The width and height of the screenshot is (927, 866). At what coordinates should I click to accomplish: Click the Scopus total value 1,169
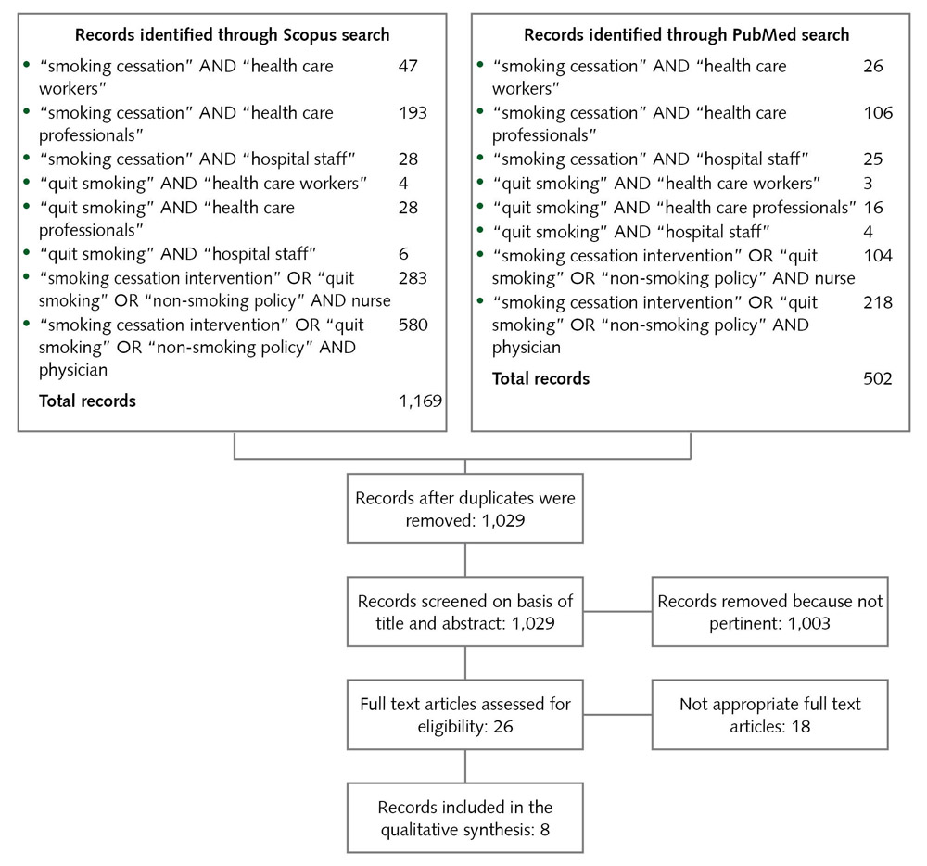pyautogui.click(x=419, y=401)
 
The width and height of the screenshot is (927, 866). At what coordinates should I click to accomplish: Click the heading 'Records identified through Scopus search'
pyautogui.click(x=232, y=35)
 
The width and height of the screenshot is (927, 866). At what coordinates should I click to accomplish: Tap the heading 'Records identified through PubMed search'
pyautogui.click(x=686, y=35)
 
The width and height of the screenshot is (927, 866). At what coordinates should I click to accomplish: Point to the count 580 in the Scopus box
pyautogui.click(x=412, y=325)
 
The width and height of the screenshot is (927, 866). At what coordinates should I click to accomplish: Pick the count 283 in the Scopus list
pyautogui.click(x=412, y=277)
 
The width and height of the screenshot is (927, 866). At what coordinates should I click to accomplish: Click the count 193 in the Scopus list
pyautogui.click(x=412, y=112)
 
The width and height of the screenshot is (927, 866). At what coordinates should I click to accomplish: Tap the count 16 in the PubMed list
pyautogui.click(x=871, y=207)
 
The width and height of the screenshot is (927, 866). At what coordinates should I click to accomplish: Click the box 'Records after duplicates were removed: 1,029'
pyautogui.click(x=464, y=509)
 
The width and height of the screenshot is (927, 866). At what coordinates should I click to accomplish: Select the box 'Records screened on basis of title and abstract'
pyautogui.click(x=464, y=612)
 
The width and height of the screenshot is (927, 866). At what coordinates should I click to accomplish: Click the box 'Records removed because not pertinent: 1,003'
pyautogui.click(x=769, y=612)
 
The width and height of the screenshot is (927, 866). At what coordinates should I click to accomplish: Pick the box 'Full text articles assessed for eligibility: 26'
pyautogui.click(x=464, y=715)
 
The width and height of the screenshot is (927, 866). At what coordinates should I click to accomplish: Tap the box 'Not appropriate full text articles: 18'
pyautogui.click(x=769, y=715)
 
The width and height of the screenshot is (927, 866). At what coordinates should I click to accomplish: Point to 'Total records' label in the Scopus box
pyautogui.click(x=87, y=401)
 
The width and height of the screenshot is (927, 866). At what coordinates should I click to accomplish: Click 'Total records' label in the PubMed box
pyautogui.click(x=540, y=378)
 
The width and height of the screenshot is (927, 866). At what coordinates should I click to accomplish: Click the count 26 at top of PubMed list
pyautogui.click(x=871, y=66)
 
